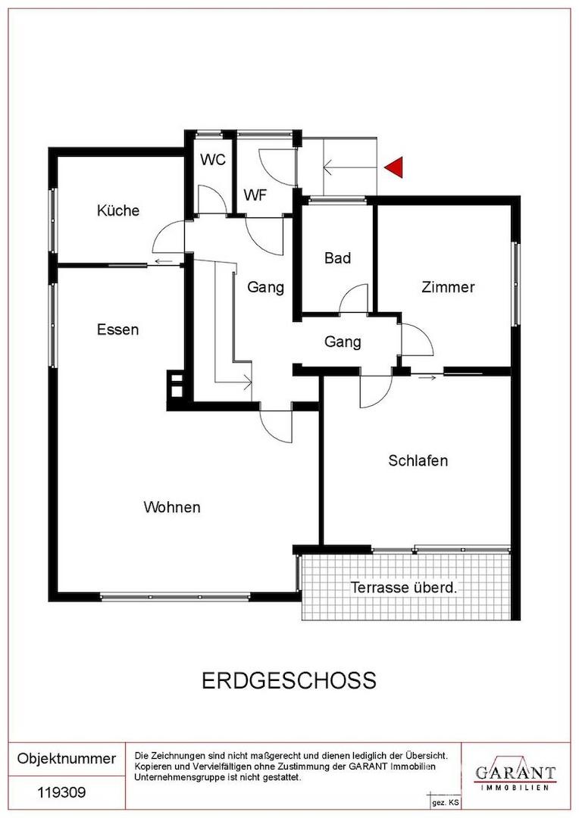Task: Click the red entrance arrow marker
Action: [x=394, y=167]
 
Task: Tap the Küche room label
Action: [x=118, y=211]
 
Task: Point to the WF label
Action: [x=255, y=195]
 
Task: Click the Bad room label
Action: [x=337, y=258]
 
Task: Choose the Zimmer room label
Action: [x=448, y=287]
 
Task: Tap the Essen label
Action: [x=117, y=329]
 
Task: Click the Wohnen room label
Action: [x=172, y=507]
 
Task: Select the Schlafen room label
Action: [x=418, y=461]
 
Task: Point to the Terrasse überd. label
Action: [x=404, y=587]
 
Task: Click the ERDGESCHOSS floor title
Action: [x=289, y=680]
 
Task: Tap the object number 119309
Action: [x=62, y=793]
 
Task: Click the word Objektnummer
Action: [x=67, y=758]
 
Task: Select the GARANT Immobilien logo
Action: [x=515, y=775]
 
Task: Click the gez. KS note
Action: [x=445, y=801]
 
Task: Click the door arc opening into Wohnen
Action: [x=277, y=429]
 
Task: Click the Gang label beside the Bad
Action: [x=265, y=288]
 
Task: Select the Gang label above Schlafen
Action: [x=343, y=342]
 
